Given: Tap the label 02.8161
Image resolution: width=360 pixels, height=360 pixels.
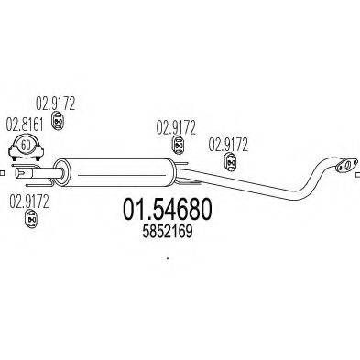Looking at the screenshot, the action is click(24, 124).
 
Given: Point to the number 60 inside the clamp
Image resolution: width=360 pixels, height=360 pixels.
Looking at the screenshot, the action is click(26, 145).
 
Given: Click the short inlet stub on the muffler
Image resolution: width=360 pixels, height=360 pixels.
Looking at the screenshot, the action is click(59, 170).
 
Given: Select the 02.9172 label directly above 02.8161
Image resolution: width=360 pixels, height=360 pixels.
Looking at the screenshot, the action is click(55, 104).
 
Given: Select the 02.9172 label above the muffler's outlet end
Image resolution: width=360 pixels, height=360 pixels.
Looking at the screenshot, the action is click(174, 126).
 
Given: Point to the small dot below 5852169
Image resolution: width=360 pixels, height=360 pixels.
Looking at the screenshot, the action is click(168, 258).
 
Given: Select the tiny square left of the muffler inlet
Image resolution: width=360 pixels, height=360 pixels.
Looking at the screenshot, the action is click(3, 171).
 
